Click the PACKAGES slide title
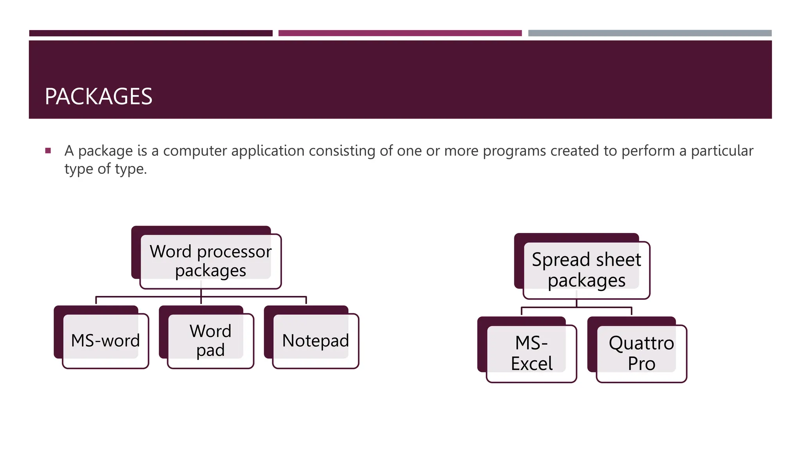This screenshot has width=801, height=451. [x=99, y=96]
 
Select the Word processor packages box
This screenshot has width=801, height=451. [x=210, y=261]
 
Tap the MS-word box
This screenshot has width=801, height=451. [x=106, y=341]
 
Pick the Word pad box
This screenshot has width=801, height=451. [x=210, y=341]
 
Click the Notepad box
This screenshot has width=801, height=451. [x=316, y=341]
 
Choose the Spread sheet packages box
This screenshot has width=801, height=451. [x=586, y=270]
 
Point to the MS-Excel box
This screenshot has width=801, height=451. [x=532, y=353]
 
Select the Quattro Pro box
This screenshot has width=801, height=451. [x=641, y=353]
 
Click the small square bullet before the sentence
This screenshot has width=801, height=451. [x=48, y=151]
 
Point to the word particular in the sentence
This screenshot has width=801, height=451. [x=722, y=151]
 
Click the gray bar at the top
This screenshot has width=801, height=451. [x=650, y=33]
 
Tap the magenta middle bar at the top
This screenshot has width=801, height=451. [x=400, y=33]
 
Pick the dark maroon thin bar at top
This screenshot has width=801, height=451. [x=151, y=33]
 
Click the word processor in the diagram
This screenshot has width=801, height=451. [x=234, y=252]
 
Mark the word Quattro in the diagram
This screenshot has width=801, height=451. [x=641, y=343]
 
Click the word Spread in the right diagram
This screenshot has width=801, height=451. [x=560, y=260]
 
